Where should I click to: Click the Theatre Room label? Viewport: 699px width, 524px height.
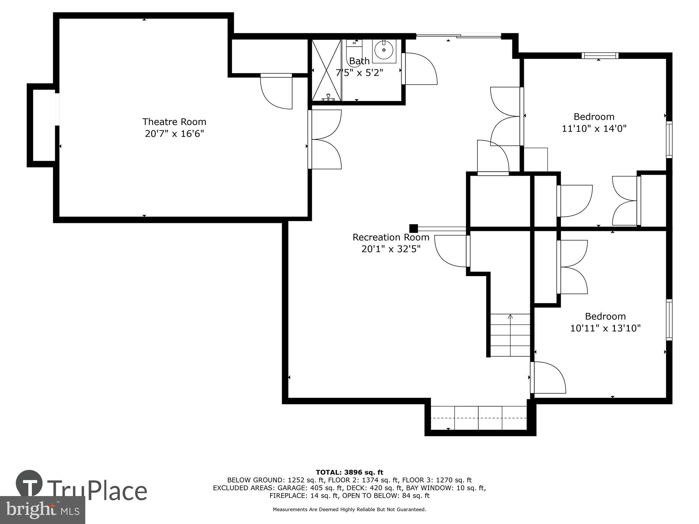[174, 122]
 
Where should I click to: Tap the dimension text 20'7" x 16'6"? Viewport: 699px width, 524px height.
[174, 133]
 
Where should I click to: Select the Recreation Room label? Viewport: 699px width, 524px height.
[391, 237]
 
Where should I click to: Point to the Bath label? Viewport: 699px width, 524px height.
[359, 61]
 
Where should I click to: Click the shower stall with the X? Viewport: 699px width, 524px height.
[326, 70]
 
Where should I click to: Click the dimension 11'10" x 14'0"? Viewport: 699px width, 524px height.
[594, 129]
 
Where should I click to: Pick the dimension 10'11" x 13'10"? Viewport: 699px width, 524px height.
[605, 328]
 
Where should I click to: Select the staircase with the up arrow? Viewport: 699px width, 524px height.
[510, 335]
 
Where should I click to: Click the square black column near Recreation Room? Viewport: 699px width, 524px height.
[413, 228]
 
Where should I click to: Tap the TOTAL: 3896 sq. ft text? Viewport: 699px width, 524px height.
[349, 472]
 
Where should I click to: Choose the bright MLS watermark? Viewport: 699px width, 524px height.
[42, 510]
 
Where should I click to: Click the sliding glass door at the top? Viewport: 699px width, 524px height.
[459, 36]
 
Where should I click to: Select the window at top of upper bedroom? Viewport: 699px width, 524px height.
[600, 56]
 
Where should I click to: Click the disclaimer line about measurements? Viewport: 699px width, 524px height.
[349, 510]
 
